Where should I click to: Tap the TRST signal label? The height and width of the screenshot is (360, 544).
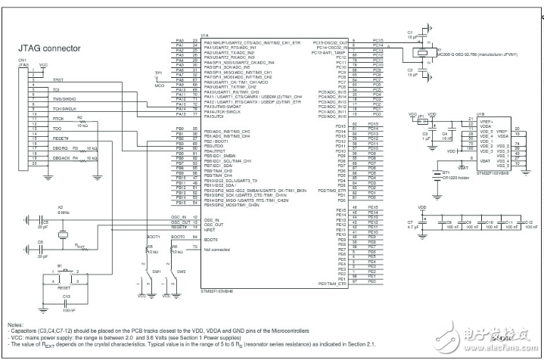58,79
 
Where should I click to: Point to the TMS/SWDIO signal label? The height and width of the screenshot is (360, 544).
64,98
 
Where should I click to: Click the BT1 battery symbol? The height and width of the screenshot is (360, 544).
434,173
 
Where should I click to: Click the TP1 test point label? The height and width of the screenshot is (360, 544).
158,73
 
